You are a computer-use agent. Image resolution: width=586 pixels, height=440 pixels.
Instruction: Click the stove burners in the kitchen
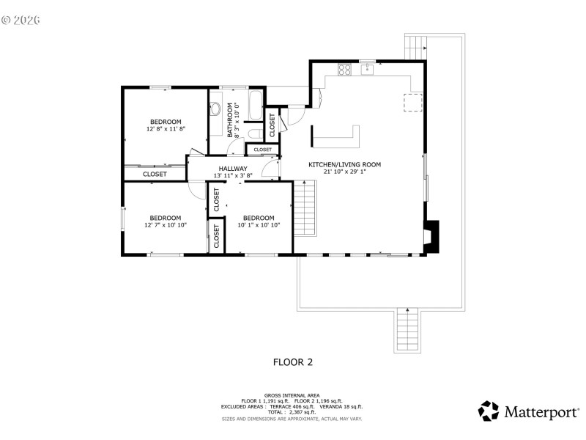point(345,70)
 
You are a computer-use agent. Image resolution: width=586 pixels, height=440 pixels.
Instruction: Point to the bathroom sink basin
point(216,109)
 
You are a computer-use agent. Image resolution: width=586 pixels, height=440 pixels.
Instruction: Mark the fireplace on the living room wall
point(432,235)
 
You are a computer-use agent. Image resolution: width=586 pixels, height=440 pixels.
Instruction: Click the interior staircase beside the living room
point(304,208)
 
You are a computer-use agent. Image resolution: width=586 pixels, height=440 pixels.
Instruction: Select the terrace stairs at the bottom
point(406,330)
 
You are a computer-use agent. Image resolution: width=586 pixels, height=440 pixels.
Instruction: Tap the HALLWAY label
point(232,168)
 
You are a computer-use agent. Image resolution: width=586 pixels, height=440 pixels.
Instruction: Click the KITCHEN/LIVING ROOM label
point(344,164)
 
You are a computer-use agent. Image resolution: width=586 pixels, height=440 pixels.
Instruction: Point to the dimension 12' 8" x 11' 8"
point(166,129)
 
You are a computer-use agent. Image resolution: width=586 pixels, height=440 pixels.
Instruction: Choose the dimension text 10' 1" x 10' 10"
point(259,225)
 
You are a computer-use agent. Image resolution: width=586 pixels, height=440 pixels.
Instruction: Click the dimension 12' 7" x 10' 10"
point(166,225)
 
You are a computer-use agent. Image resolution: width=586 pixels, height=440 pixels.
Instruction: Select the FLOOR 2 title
point(293,361)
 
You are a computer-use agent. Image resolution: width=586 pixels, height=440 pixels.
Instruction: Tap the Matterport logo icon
point(489,411)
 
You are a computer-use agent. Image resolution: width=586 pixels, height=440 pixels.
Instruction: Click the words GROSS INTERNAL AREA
point(292,395)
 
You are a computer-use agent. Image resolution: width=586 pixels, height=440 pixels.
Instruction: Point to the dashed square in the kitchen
point(413,103)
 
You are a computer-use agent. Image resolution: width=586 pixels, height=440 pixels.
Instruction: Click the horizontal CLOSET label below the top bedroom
point(155,174)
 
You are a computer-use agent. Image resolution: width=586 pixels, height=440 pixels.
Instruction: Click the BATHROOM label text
point(230,120)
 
